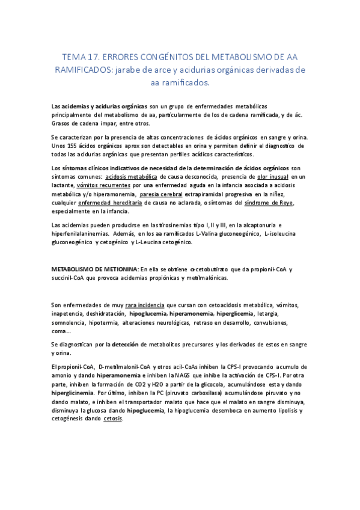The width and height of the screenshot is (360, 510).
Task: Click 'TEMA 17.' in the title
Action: (x=79, y=57)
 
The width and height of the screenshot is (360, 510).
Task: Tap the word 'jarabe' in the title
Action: (x=152, y=70)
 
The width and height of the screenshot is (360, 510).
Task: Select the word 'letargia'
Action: (x=268, y=314)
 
